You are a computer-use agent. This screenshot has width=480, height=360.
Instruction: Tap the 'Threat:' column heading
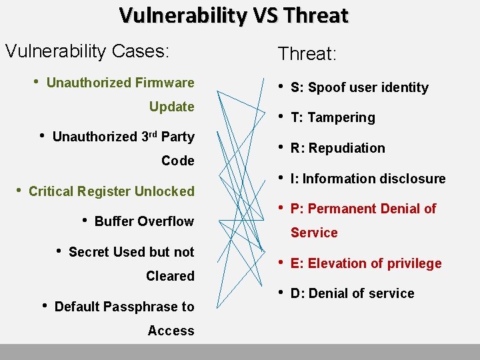pos(307,54)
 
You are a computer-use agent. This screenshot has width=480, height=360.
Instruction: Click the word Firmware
pos(165,83)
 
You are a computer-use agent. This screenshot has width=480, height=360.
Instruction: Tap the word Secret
pos(89,252)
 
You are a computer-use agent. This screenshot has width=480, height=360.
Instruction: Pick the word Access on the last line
pos(171,331)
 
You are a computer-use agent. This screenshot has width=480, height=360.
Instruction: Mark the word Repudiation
pos(347,148)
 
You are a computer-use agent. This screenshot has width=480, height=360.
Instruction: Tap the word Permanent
pos(341,209)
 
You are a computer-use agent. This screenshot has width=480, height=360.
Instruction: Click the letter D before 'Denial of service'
pos(295,293)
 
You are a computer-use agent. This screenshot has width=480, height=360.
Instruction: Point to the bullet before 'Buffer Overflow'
pos(84,221)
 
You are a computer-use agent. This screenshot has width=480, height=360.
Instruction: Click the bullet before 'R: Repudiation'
pos(281,147)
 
